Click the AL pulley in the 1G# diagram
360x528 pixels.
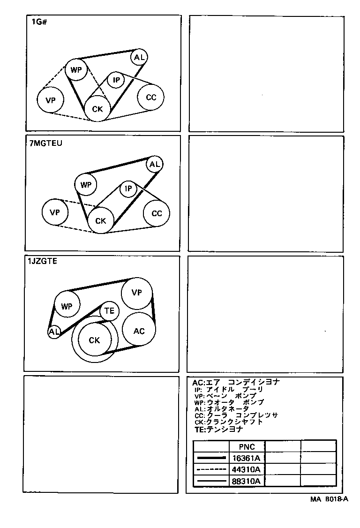(x=139, y=57)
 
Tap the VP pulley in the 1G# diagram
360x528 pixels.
(x=51, y=100)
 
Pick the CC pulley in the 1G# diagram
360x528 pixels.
(x=150, y=98)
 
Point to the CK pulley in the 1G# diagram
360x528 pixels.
(x=97, y=109)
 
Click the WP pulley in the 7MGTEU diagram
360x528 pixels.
(x=85, y=185)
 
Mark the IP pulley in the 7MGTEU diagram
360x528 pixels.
(x=127, y=189)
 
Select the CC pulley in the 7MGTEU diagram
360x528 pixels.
(x=157, y=213)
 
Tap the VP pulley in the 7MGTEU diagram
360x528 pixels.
(x=55, y=212)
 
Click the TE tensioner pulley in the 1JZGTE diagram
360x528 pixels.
(x=109, y=310)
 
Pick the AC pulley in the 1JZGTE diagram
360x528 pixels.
(x=139, y=331)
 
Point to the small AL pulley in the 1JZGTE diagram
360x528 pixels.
(x=54, y=332)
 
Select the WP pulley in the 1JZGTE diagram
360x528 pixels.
(x=67, y=307)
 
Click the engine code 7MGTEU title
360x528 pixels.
(x=45, y=143)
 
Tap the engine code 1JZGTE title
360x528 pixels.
(x=43, y=262)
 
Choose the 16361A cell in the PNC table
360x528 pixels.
(x=247, y=458)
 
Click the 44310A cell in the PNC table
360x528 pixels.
(x=247, y=469)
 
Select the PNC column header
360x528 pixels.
(x=247, y=447)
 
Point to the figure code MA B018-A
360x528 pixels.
(x=329, y=499)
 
